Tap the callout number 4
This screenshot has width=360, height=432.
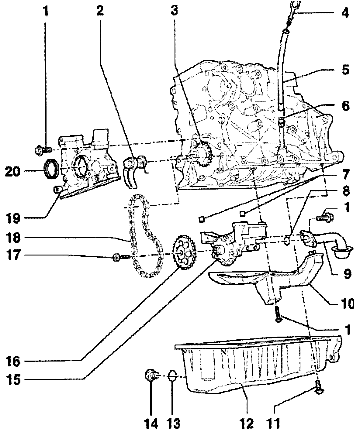point(344,13)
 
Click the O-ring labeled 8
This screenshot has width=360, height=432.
point(287,240)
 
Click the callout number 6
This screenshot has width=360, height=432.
point(345,106)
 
